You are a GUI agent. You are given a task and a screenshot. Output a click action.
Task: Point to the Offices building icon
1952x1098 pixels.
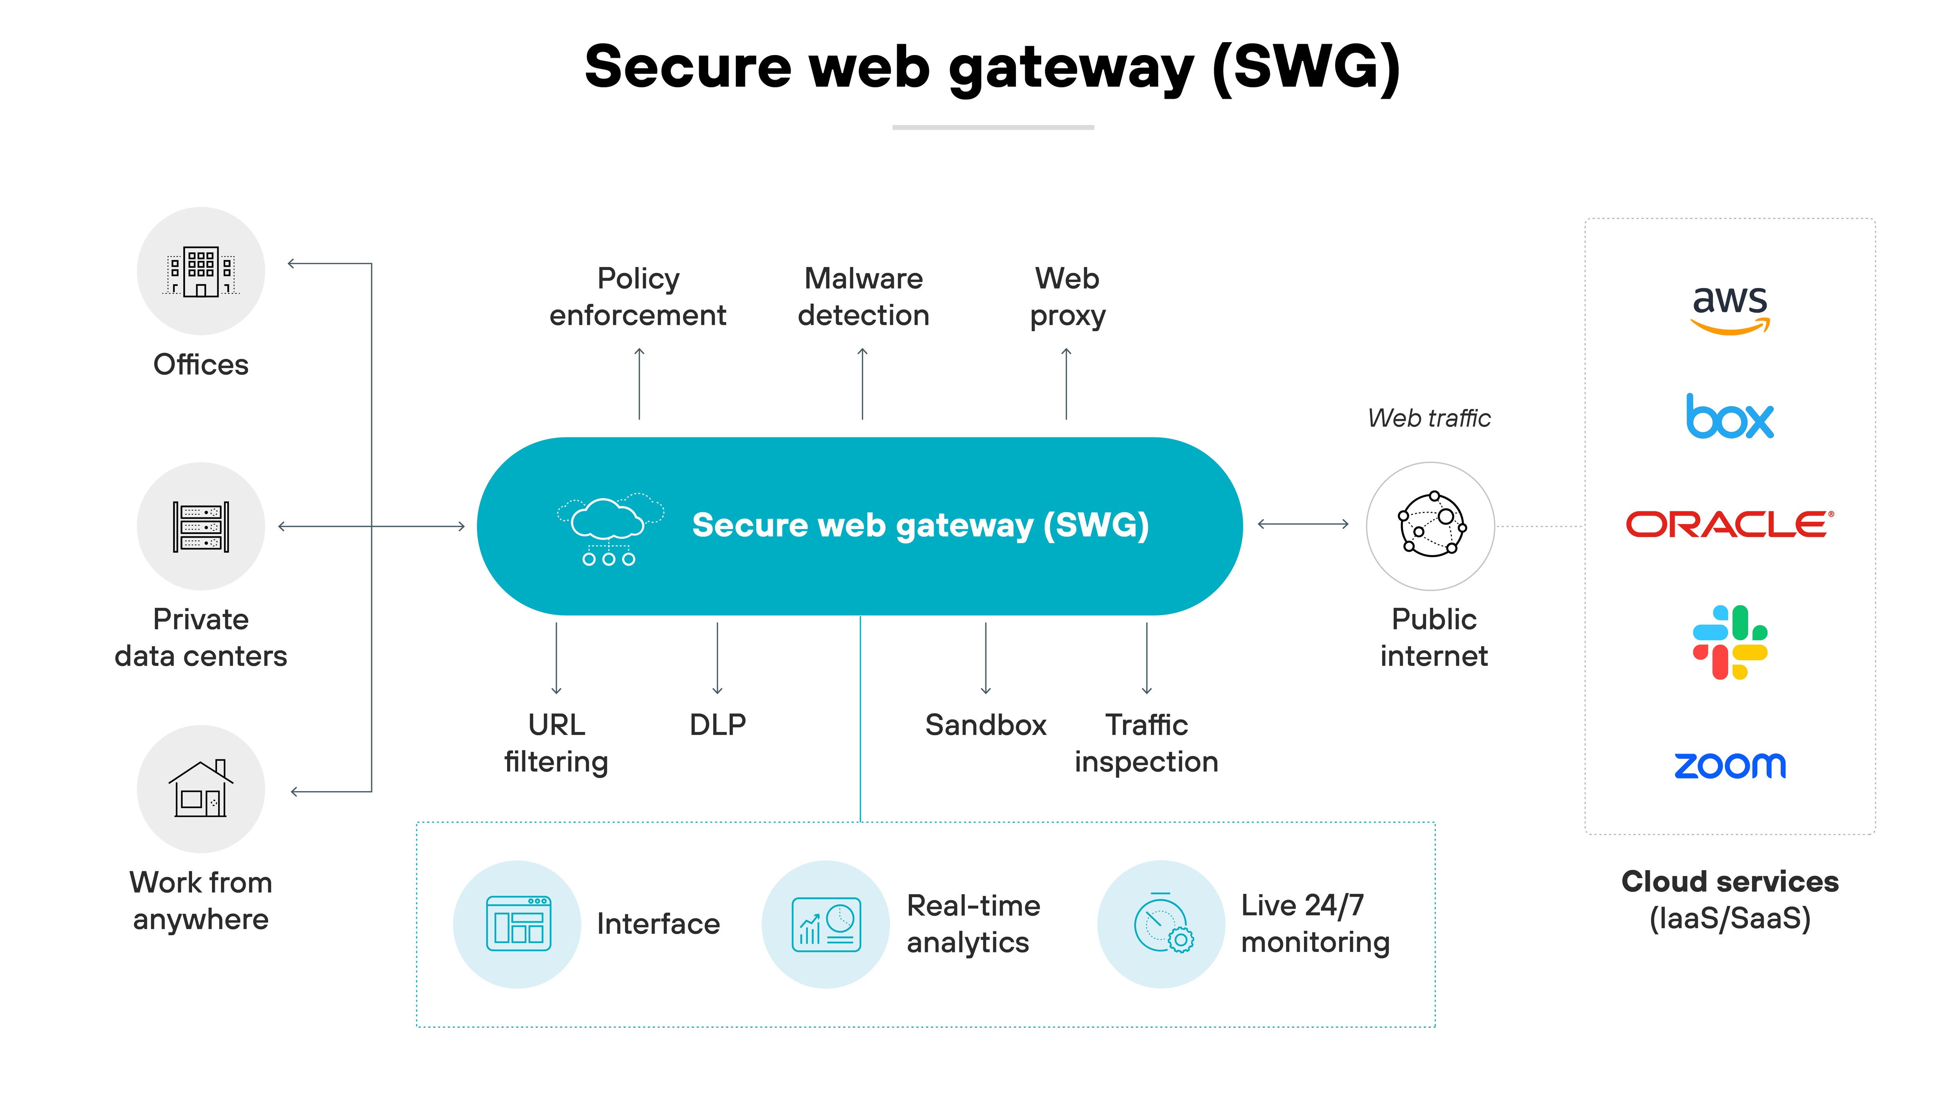[x=201, y=271]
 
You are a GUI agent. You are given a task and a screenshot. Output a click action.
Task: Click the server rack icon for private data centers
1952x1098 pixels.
[x=201, y=527]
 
